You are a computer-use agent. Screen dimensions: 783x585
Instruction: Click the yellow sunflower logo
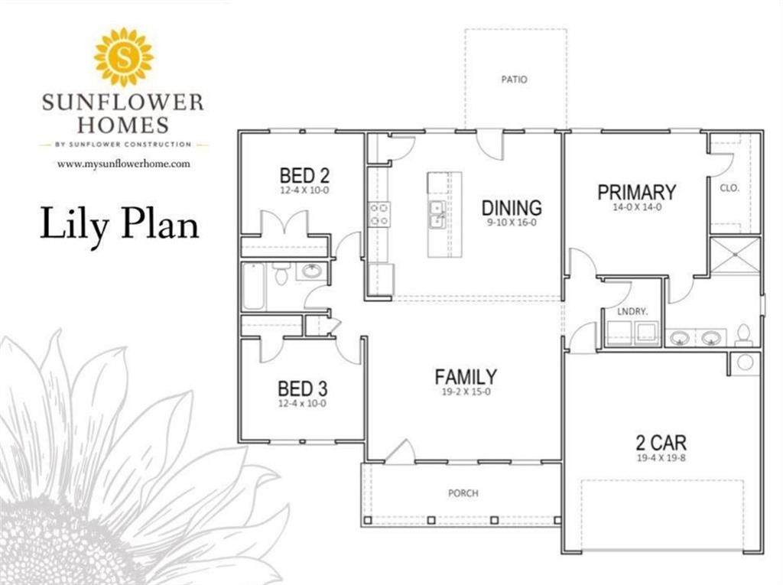(x=124, y=57)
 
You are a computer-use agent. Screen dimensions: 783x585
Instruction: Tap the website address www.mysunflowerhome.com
(x=123, y=164)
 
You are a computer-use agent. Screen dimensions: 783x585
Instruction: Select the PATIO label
(x=514, y=79)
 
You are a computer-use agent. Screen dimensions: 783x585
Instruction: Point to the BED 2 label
(x=304, y=175)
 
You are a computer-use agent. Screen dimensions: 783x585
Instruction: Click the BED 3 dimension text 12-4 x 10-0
(x=302, y=403)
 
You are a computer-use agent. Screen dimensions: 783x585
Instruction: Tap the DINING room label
(x=512, y=207)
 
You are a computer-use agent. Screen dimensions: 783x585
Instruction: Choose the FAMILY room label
(x=466, y=376)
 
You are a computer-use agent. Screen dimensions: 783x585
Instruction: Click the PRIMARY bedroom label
(x=637, y=192)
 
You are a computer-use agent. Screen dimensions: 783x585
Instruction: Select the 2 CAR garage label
(x=661, y=443)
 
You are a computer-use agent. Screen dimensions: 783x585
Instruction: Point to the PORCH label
(x=463, y=493)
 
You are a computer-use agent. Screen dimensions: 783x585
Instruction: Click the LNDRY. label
(x=632, y=311)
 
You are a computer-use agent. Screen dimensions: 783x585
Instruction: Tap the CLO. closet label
(x=729, y=188)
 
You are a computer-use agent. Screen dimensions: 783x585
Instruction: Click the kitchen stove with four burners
(x=379, y=214)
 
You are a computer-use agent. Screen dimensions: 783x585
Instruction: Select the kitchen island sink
(x=437, y=214)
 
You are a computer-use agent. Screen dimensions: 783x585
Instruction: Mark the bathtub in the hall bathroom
(x=253, y=286)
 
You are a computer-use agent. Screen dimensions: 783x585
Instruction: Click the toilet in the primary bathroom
(x=743, y=335)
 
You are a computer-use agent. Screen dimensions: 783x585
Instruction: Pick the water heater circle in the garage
(x=745, y=362)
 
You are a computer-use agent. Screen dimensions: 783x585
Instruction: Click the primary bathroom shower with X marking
(x=735, y=255)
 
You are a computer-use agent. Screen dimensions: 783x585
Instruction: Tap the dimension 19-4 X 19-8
(x=661, y=457)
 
